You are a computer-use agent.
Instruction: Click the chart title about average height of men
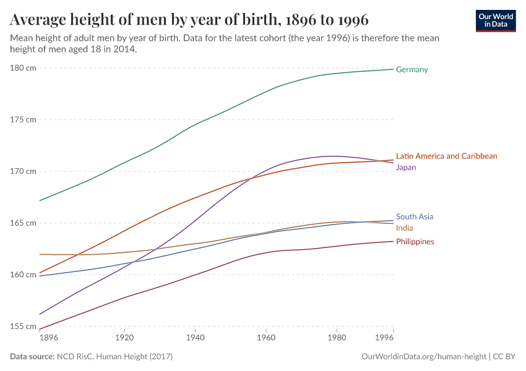coord(189,20)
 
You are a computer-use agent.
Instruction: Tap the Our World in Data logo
coord(496,20)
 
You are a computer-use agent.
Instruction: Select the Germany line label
coord(412,70)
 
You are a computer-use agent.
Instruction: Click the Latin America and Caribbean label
coord(446,156)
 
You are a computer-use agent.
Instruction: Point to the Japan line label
coord(406,168)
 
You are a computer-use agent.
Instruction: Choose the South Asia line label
coord(415,217)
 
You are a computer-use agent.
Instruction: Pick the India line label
coord(405,228)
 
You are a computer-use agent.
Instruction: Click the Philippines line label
coord(415,242)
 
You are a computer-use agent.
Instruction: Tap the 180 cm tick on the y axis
coord(23,68)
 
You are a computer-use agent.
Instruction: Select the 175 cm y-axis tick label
coord(23,119)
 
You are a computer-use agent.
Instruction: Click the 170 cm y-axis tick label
coord(23,171)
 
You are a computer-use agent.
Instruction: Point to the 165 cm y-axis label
coord(23,223)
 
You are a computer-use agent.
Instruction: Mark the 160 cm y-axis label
coord(23,275)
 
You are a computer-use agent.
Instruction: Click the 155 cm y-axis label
coord(23,326)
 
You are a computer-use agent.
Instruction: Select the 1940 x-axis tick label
coord(195,339)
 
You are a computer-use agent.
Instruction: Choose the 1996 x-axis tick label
coord(384,339)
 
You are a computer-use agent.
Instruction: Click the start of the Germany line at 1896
coord(40,200)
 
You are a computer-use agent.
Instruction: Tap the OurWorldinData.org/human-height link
coord(423,357)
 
